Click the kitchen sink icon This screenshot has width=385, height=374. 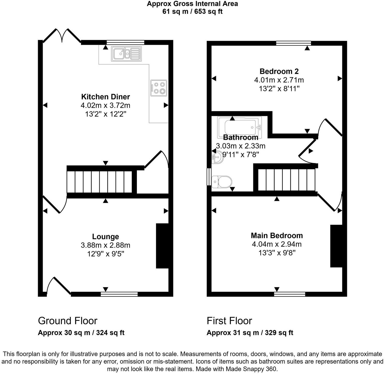tap(127, 54)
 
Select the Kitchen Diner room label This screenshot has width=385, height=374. tap(106, 97)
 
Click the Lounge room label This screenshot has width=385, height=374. tap(106, 237)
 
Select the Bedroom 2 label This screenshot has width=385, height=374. tap(279, 71)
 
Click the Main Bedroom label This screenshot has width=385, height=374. tap(277, 236)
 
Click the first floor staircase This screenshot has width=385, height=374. tap(287, 180)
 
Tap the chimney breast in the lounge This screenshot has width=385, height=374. tap(162, 246)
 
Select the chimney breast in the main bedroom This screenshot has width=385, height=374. tap(336, 246)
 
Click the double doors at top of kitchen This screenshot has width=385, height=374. tap(62, 36)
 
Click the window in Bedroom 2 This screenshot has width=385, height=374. tap(293, 43)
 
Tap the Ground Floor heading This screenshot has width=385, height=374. tap(68, 321)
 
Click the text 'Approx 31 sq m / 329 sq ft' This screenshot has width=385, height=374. tap(250, 333)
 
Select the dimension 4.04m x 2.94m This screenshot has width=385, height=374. tap(277, 244)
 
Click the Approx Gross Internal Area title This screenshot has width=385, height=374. tap(192, 4)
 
